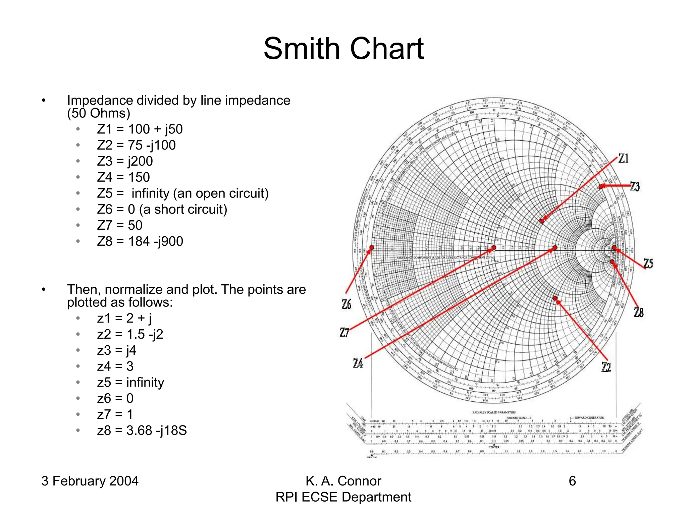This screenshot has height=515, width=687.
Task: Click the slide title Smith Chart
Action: (x=343, y=49)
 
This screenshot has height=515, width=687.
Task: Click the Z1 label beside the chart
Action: (x=623, y=158)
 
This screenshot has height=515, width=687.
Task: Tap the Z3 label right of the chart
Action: (x=635, y=186)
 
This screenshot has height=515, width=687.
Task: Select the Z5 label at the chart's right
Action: (x=648, y=264)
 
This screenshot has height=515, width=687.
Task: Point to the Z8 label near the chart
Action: (x=639, y=312)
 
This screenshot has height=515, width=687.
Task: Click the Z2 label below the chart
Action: (x=606, y=367)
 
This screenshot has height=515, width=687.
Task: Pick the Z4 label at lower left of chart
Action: (x=358, y=363)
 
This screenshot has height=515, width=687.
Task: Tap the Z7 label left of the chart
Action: (x=345, y=333)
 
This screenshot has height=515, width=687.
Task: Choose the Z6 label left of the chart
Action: (x=347, y=304)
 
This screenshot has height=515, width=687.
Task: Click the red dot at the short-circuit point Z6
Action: (x=371, y=248)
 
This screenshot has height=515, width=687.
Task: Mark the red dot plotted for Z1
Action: (x=541, y=221)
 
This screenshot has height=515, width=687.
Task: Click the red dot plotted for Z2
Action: (x=555, y=298)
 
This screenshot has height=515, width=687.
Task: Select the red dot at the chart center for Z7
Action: (x=493, y=248)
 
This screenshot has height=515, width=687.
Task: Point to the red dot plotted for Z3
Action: (x=601, y=186)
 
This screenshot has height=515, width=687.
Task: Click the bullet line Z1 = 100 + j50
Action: (x=140, y=129)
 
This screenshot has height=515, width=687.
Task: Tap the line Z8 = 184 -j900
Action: (x=140, y=241)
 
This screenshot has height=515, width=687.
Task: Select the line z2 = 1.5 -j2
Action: (x=130, y=334)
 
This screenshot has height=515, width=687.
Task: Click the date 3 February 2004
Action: (x=90, y=481)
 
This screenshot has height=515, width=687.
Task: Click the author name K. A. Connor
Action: (x=343, y=481)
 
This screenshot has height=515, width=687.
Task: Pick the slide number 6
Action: (x=572, y=481)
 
